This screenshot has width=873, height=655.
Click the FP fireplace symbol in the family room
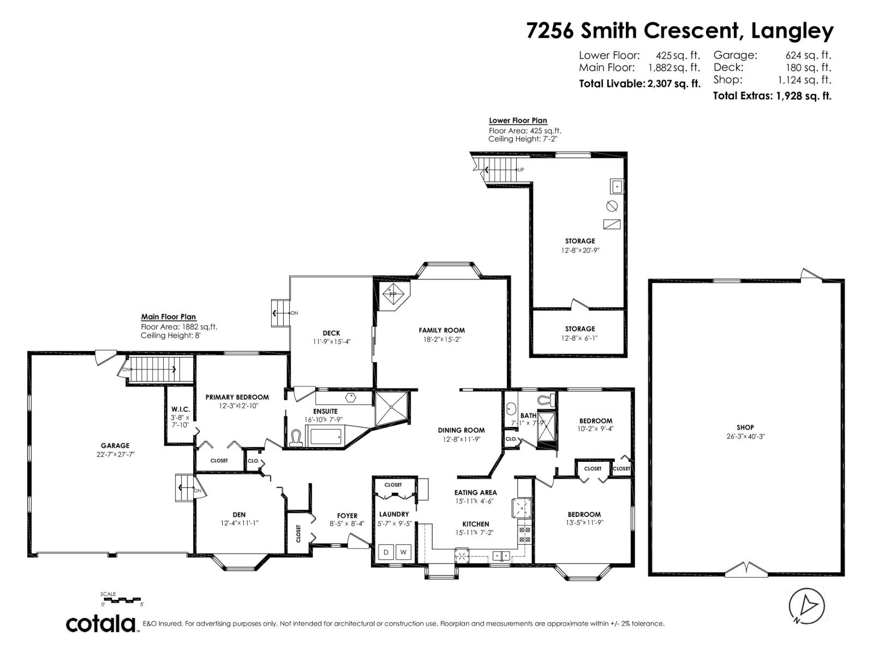[x=392, y=294]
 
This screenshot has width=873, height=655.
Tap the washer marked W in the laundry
[x=404, y=552]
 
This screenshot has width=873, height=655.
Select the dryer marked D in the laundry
[x=386, y=552]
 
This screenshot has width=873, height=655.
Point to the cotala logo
[x=101, y=623]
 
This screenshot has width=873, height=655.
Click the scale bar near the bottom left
[x=122, y=599]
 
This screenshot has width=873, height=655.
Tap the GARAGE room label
[x=115, y=445]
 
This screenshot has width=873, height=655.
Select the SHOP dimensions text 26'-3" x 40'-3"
[x=745, y=437]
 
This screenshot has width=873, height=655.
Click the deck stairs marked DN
[x=280, y=313]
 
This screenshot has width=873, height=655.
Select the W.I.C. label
[x=180, y=409]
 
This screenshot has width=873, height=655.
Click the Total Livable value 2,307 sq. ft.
[x=674, y=84]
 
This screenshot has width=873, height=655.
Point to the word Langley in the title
[x=792, y=31]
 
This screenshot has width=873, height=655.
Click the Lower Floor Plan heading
[x=518, y=121]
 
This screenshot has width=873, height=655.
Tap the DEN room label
[x=239, y=514]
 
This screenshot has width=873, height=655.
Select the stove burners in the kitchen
[x=524, y=534]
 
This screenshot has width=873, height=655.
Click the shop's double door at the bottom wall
[x=745, y=570]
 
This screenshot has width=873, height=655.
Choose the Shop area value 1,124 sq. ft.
[x=804, y=80]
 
